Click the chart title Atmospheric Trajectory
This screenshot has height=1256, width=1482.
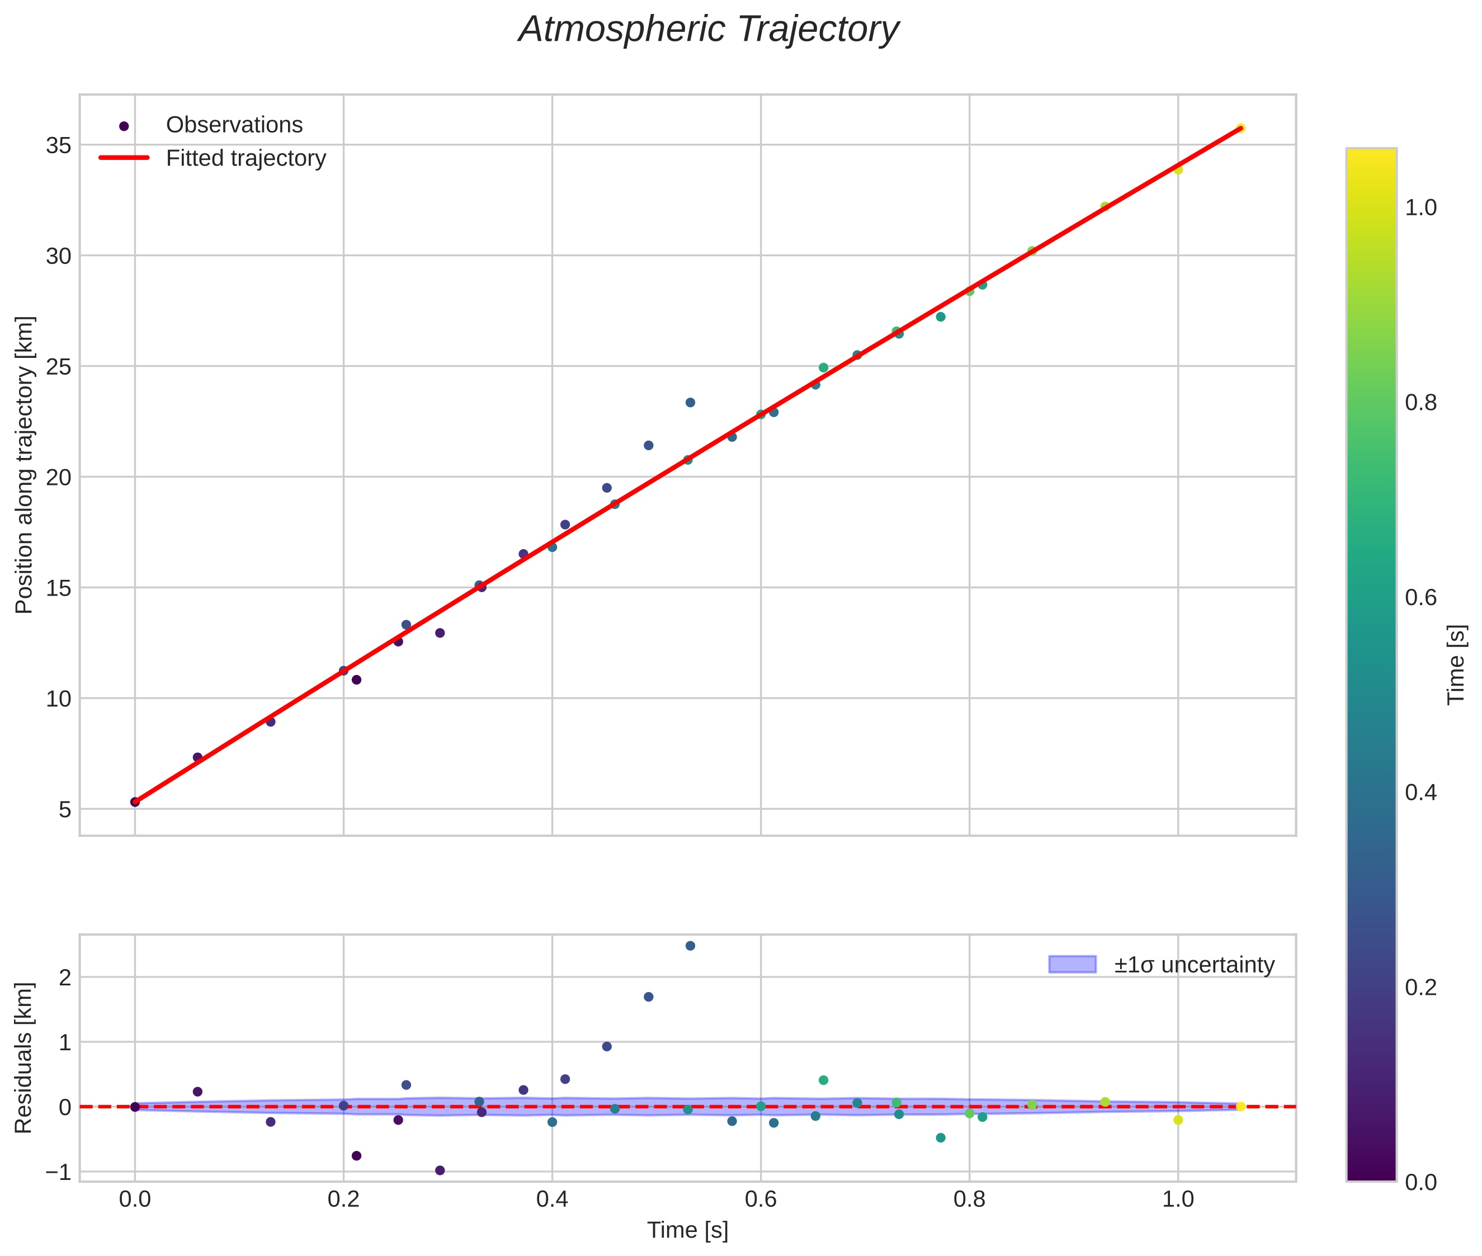(x=708, y=30)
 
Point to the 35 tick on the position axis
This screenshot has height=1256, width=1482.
(x=59, y=146)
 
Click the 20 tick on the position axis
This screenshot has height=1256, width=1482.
(x=59, y=478)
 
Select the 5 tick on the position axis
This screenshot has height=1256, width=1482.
(x=65, y=810)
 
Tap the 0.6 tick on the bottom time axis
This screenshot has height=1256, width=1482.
(x=760, y=1199)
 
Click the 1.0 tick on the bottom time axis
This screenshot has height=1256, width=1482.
(x=1177, y=1199)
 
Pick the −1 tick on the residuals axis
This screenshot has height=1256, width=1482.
(x=58, y=1172)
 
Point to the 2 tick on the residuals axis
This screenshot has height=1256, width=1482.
(x=65, y=978)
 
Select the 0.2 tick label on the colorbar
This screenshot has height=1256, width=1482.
(x=1420, y=988)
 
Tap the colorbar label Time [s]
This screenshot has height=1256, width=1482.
(x=1456, y=664)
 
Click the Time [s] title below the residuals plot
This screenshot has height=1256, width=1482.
(x=687, y=1230)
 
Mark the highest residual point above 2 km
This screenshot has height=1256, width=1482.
(x=690, y=946)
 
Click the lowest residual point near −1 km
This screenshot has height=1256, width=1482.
(x=440, y=1170)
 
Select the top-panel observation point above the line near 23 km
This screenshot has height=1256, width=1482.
(x=690, y=402)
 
